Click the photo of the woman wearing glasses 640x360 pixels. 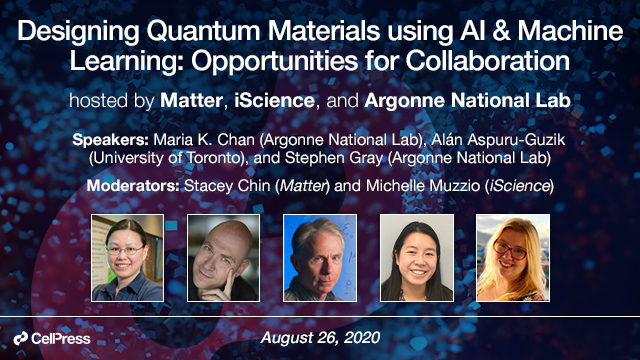(x=127, y=258)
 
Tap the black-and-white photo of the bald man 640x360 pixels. (x=224, y=258)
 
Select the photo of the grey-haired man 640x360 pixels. (x=320, y=258)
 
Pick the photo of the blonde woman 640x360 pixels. (x=512, y=258)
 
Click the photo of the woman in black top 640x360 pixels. (x=416, y=258)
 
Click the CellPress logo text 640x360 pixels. (x=65, y=339)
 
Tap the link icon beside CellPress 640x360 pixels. (x=20, y=339)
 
